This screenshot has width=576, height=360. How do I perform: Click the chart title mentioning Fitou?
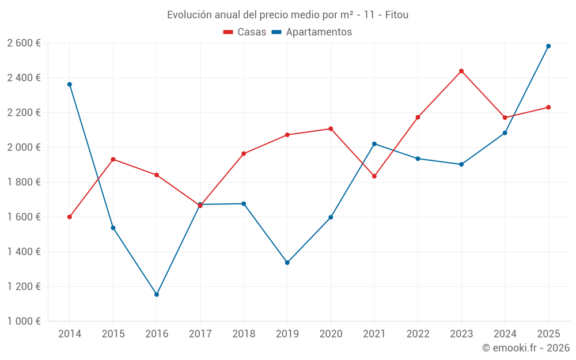[x=287, y=14]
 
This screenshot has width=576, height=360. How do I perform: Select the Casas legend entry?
[x=245, y=32]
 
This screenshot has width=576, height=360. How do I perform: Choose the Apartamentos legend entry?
[x=312, y=32]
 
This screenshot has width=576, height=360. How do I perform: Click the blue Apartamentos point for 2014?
[x=70, y=85]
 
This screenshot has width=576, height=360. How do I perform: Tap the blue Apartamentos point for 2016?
[x=157, y=294]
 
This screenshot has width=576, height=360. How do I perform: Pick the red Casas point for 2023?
[x=461, y=71]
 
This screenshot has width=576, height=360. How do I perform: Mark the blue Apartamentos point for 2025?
[x=548, y=46]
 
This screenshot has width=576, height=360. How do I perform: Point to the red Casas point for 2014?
[x=70, y=217]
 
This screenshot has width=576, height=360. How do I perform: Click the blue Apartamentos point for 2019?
[x=287, y=263]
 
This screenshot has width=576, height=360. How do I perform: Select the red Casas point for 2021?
[x=374, y=176]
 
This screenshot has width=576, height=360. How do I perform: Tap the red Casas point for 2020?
[x=331, y=129]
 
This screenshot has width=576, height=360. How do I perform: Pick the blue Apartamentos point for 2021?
[x=374, y=144]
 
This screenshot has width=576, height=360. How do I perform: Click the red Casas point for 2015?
[x=113, y=159]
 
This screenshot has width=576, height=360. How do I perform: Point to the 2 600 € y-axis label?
[x=24, y=43]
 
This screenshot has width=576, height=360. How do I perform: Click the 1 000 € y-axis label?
[x=24, y=321]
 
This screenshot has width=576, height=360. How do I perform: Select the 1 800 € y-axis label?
[x=24, y=182]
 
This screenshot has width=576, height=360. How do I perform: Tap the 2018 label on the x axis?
[x=244, y=334]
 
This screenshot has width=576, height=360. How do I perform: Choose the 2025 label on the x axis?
[x=548, y=334]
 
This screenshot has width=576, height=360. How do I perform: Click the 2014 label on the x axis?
[x=70, y=334]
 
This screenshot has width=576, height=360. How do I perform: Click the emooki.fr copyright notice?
[x=525, y=348]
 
